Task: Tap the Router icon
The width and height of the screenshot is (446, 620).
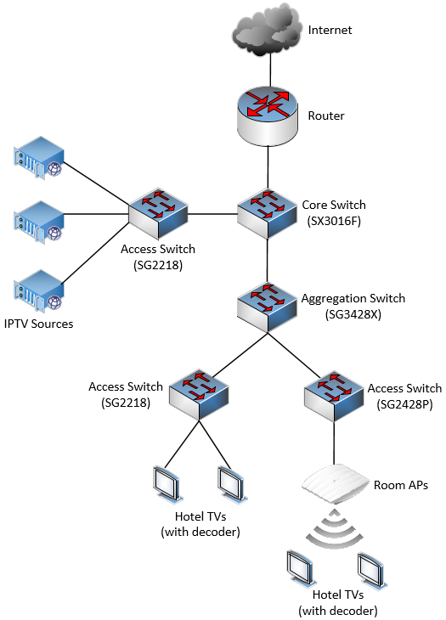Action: point(268,116)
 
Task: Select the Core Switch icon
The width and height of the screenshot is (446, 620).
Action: point(268,213)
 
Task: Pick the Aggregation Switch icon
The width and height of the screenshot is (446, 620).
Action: point(268,307)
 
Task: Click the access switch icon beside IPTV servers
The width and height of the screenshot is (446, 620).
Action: point(158,213)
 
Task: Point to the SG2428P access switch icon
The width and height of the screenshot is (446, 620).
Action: point(334,396)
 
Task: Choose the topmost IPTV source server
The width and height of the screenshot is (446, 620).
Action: point(39,157)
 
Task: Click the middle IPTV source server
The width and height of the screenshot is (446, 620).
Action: point(39,223)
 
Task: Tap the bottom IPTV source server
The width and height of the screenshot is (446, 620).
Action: point(39,290)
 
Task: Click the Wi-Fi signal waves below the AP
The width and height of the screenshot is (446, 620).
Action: point(335,528)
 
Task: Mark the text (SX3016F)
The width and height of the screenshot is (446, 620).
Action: point(334,221)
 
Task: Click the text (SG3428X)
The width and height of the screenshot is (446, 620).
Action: point(353,314)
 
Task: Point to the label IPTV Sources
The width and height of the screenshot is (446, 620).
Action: point(39,324)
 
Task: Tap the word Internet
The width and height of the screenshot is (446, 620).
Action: point(330,30)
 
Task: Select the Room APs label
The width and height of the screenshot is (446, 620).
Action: point(401,485)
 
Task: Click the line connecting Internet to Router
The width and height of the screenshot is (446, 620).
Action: point(270,70)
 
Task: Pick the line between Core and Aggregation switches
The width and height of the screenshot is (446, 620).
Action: point(268,260)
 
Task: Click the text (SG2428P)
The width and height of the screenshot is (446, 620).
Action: point(404,404)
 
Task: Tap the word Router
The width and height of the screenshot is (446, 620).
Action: point(326,116)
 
